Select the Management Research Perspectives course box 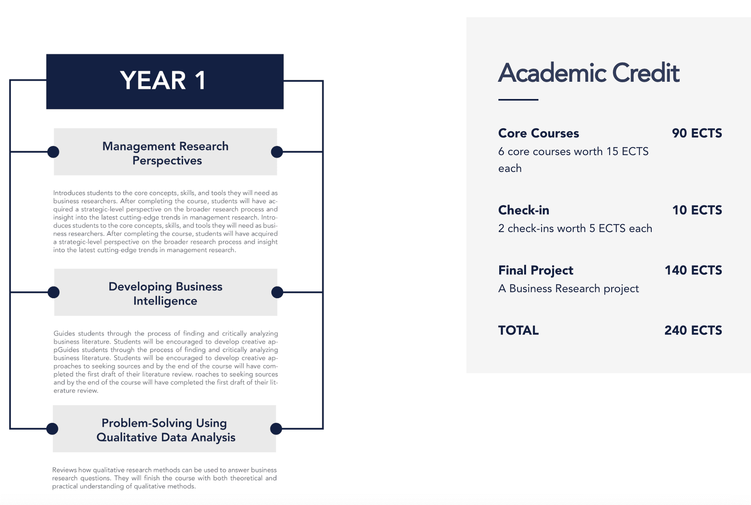[165, 152]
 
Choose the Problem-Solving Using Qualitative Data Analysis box [165, 429]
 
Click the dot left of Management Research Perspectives [53, 152]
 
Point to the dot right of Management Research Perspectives [277, 152]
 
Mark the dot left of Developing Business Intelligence [54, 293]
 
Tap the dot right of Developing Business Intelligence [277, 293]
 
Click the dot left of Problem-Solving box [52, 429]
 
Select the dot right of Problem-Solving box [276, 429]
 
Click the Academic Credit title [588, 73]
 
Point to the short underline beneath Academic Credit [518, 100]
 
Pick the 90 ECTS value [697, 133]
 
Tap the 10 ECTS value [697, 210]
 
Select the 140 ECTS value [693, 270]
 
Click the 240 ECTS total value [693, 330]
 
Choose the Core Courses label [538, 133]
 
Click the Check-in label [524, 210]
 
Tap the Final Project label [536, 271]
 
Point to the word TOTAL [518, 330]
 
